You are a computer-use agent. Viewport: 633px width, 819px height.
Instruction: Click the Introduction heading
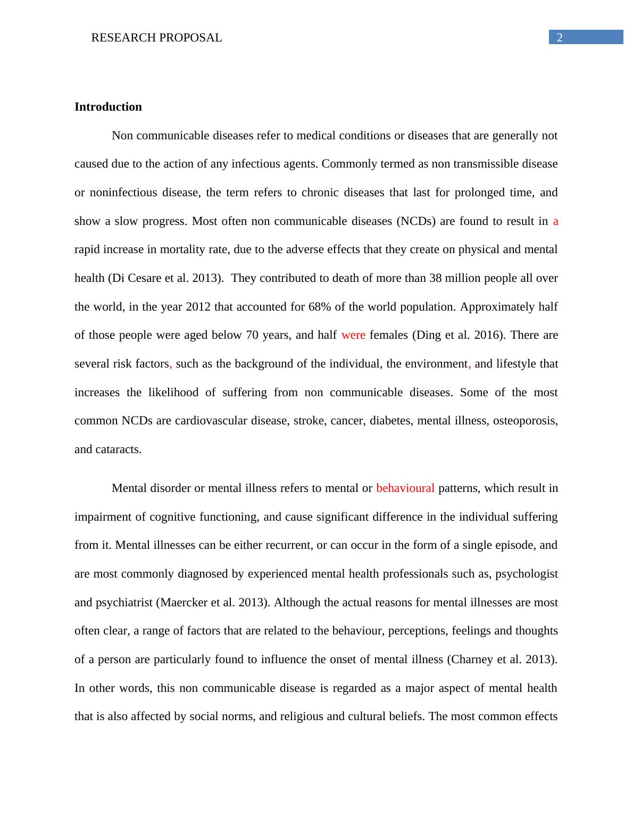(108, 107)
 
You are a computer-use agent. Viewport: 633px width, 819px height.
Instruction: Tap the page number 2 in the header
(559, 37)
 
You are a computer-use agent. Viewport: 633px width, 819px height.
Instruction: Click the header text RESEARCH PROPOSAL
(156, 38)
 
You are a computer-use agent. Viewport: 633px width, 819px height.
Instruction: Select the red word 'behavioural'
(405, 488)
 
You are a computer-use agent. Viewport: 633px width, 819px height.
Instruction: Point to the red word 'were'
(353, 335)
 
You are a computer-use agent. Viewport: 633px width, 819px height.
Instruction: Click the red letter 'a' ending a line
(555, 221)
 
